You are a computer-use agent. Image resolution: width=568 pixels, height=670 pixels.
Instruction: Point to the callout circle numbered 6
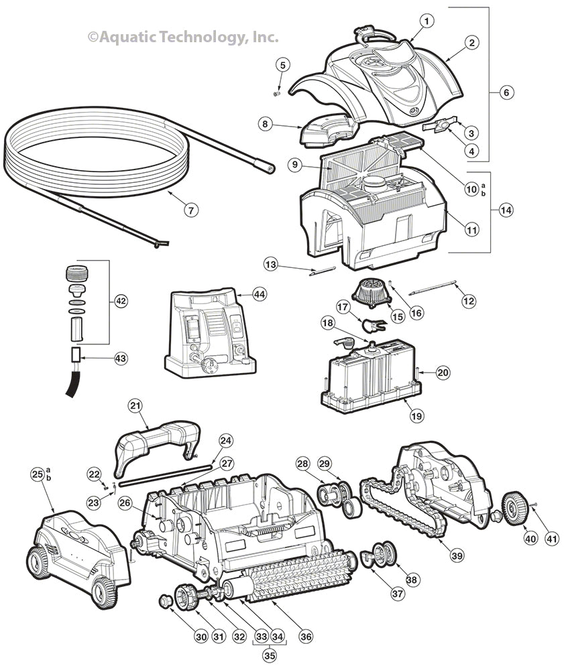coord(505,92)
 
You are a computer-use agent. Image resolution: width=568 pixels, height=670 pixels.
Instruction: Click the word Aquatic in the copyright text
coord(129,38)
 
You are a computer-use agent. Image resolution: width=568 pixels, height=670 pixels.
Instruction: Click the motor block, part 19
coord(372,375)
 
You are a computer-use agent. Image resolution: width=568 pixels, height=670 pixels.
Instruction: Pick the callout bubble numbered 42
coord(121,301)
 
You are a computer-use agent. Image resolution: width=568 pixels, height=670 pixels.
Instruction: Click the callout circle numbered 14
coord(505,210)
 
